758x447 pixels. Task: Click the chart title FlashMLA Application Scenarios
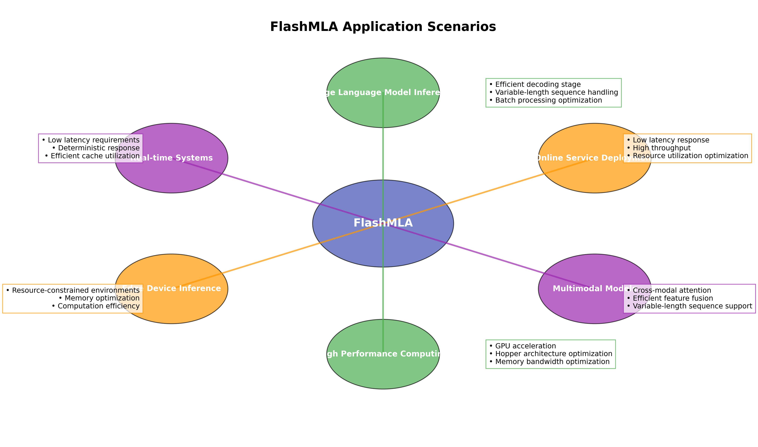[x=383, y=27]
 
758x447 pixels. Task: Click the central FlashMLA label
[x=383, y=223]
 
